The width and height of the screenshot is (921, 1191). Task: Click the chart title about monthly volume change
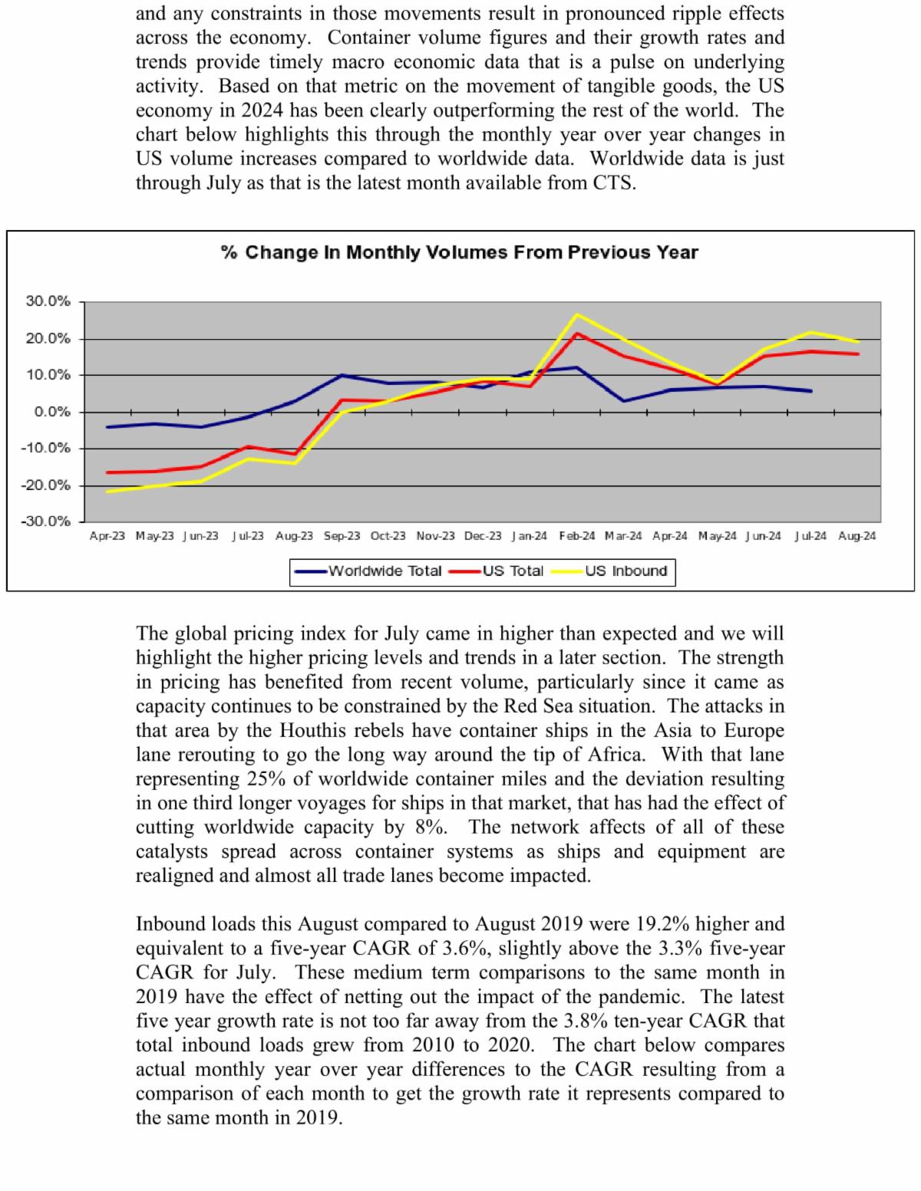pyautogui.click(x=459, y=252)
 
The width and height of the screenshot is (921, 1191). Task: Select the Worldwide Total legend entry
pyautogui.click(x=385, y=571)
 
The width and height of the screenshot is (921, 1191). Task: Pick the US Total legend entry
pyautogui.click(x=512, y=571)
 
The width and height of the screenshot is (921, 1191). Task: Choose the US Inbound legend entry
pyautogui.click(x=626, y=571)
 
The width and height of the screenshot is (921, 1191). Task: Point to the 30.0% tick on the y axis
pyautogui.click(x=48, y=301)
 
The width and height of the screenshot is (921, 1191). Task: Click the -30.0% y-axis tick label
pyautogui.click(x=48, y=521)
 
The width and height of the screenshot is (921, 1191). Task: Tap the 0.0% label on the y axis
pyautogui.click(x=51, y=412)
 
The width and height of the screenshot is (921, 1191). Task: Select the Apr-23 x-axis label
pyautogui.click(x=107, y=536)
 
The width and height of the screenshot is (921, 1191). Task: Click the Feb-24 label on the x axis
pyautogui.click(x=576, y=536)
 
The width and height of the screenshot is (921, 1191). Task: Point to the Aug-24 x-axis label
pyautogui.click(x=857, y=536)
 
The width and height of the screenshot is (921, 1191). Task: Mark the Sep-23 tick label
pyautogui.click(x=342, y=536)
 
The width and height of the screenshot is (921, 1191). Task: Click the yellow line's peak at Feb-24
pyautogui.click(x=576, y=314)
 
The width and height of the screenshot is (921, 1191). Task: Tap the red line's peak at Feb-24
pyautogui.click(x=576, y=333)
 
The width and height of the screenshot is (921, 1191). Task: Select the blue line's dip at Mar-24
pyautogui.click(x=623, y=401)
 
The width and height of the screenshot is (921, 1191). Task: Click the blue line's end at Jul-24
pyautogui.click(x=811, y=391)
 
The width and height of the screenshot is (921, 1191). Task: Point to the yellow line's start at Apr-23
pyautogui.click(x=107, y=492)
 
